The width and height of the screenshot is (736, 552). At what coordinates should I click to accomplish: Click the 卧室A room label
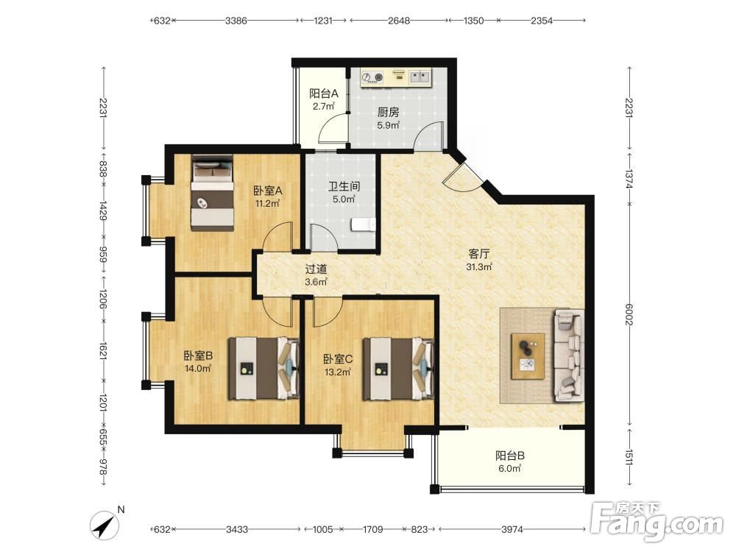(x=268, y=191)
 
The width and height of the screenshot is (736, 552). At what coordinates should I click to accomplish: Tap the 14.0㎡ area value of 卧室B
(x=197, y=369)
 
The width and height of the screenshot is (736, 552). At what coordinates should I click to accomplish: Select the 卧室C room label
(x=338, y=359)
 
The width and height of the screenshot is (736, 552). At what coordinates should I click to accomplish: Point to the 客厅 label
(x=479, y=253)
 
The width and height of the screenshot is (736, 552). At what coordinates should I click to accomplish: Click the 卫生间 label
(x=344, y=186)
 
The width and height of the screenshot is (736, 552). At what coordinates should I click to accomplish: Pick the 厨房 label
(x=388, y=112)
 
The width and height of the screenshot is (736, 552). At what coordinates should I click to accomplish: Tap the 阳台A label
(x=323, y=93)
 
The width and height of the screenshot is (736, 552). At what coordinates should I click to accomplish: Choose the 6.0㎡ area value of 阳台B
(x=510, y=468)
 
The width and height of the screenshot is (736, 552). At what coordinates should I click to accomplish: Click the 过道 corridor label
(x=316, y=269)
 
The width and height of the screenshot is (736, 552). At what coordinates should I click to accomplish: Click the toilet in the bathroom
(x=363, y=224)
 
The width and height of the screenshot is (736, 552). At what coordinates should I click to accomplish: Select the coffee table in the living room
(x=528, y=356)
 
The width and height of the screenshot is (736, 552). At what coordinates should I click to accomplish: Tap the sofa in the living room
(x=570, y=355)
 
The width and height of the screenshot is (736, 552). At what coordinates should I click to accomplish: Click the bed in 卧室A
(x=212, y=193)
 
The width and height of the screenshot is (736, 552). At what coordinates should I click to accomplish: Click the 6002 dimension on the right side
(x=629, y=314)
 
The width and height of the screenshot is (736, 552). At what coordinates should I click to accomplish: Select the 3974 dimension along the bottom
(x=512, y=529)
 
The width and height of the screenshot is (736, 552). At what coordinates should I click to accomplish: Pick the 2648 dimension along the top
(x=399, y=21)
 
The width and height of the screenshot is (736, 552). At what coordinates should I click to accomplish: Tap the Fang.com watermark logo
(x=657, y=521)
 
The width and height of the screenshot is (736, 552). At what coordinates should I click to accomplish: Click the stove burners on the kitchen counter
(x=372, y=77)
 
